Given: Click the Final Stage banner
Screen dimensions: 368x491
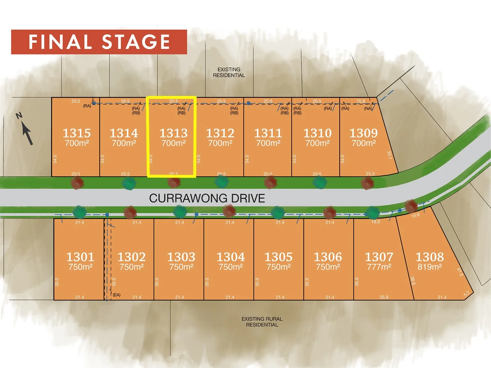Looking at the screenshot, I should click(x=99, y=42).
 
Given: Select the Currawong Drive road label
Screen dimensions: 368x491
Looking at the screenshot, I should click(x=207, y=198).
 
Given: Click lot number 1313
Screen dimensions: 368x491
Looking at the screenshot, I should click(x=174, y=133).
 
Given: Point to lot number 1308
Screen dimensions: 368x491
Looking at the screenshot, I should click(x=430, y=257).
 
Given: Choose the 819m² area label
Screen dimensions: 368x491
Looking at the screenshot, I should click(x=430, y=267).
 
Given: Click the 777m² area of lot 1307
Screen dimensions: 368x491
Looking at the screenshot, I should click(x=379, y=267).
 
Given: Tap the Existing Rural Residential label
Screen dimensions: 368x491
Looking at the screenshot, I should click(x=262, y=322).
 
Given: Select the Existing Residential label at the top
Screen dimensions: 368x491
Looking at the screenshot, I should click(x=229, y=72).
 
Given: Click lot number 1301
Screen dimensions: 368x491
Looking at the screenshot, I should click(x=80, y=257).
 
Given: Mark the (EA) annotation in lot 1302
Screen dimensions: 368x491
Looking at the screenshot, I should click(x=117, y=295).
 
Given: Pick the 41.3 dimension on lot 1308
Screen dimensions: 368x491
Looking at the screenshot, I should click(x=460, y=272).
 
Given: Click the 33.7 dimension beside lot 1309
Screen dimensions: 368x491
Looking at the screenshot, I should click(x=389, y=155).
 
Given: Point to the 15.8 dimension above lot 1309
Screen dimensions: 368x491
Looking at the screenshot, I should click(x=361, y=101).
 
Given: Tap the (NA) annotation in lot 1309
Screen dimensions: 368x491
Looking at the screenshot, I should click(x=368, y=109).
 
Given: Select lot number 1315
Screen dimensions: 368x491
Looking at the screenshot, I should click(x=77, y=133).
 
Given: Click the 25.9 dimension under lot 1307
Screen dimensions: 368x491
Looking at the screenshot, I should click(x=384, y=297).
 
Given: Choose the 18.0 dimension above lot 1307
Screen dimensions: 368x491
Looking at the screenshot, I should click(x=375, y=222).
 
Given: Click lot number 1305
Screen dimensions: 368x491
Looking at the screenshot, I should click(x=279, y=257).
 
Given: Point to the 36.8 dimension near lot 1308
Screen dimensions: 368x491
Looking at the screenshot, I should click(x=413, y=280).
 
